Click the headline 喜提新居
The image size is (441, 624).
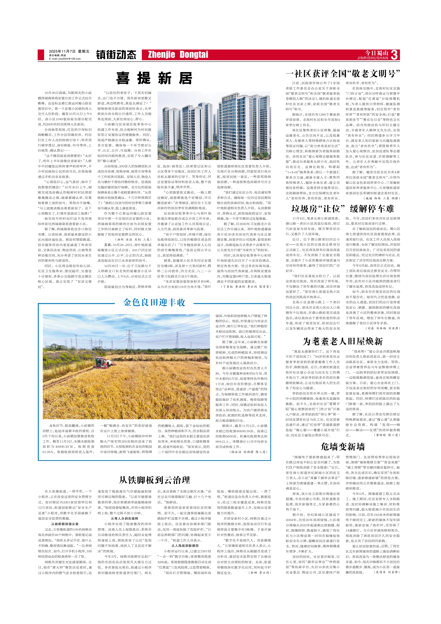(154, 78)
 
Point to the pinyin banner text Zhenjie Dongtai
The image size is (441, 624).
(178, 55)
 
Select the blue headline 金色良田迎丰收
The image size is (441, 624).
(154, 303)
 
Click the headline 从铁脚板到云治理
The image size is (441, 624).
(154, 480)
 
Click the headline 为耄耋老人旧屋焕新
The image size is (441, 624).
(343, 341)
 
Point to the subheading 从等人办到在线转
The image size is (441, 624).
(124, 518)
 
